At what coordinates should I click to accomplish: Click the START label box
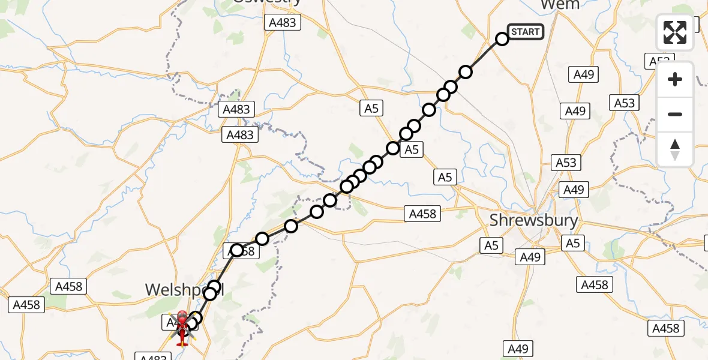526,32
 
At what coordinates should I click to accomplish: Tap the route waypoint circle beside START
502,39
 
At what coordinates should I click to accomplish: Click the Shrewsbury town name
533,220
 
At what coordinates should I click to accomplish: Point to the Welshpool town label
184,290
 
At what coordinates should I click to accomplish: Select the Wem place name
559,5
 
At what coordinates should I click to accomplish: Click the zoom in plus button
675,79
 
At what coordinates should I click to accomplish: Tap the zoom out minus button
675,114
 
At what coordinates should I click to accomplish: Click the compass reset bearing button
675,149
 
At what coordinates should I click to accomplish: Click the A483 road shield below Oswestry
282,23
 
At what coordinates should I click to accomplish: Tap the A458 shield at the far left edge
26,305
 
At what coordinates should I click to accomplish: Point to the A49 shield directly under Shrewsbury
530,257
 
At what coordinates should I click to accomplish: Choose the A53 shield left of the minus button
624,103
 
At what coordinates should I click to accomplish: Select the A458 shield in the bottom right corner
665,328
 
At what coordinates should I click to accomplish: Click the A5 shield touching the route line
411,149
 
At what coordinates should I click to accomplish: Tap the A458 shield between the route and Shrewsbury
423,213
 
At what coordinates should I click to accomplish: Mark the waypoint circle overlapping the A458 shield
238,250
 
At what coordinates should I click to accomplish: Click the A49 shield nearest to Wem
583,74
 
